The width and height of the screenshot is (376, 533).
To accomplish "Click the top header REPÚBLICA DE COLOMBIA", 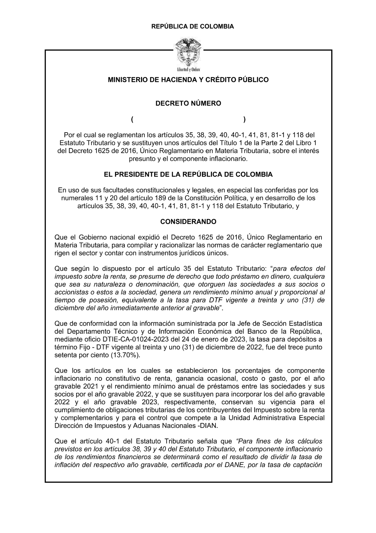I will (x=192, y=26).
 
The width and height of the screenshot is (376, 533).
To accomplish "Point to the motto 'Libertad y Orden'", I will (x=188, y=70).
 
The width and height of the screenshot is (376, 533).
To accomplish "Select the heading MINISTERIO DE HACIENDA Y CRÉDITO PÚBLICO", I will (x=188, y=80).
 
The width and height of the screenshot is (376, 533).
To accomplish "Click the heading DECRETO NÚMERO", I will (x=188, y=103).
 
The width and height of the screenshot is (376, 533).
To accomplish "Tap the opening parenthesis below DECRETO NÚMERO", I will (x=133, y=120).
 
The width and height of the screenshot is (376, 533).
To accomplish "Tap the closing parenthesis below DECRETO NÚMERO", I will (x=244, y=120).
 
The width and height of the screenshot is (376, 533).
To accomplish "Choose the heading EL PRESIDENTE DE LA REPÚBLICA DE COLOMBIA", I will (x=188, y=174).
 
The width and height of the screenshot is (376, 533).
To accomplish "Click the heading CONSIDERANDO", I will (x=188, y=222).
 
